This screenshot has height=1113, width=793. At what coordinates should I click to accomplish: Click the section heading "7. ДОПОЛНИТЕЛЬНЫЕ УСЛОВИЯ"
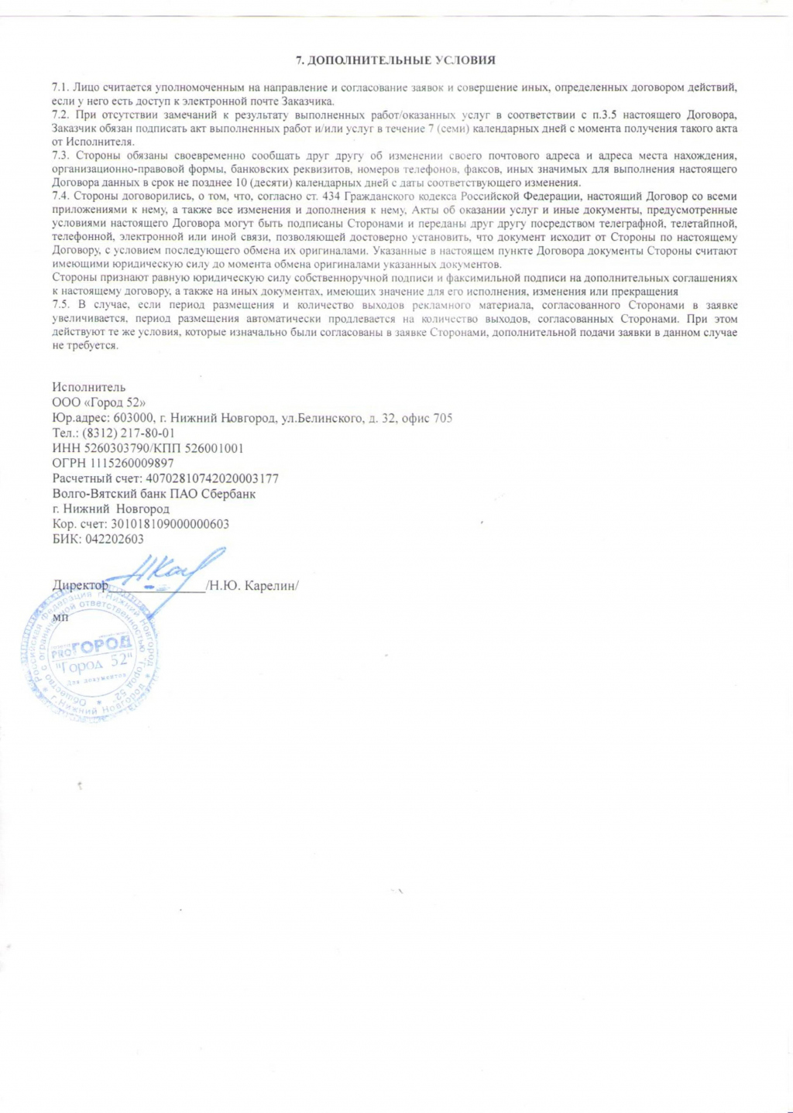point(396,60)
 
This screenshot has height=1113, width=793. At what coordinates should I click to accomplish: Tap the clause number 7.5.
point(61,305)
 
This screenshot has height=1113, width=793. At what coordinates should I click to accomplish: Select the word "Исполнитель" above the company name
point(88,387)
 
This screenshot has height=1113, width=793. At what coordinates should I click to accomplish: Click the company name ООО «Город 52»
point(98,402)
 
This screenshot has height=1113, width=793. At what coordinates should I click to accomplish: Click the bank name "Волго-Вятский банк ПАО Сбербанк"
point(154,494)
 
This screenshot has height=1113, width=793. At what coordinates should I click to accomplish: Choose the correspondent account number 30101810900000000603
point(165,524)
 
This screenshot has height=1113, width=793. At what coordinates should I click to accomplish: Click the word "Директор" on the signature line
point(80,586)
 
